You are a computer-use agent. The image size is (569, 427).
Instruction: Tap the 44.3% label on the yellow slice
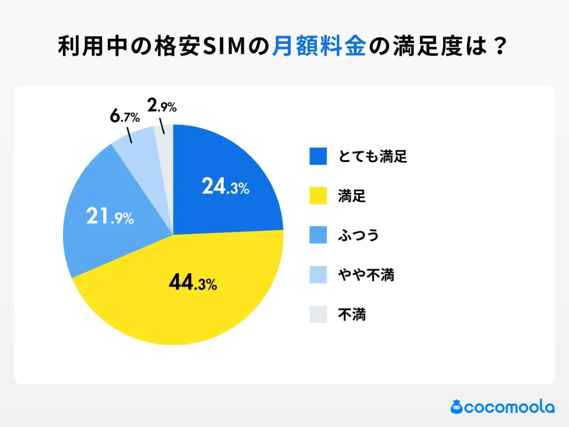(192, 283)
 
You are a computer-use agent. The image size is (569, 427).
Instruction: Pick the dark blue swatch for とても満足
(318, 156)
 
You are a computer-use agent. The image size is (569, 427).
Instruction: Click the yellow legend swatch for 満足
(318, 196)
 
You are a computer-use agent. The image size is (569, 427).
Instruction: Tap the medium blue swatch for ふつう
(318, 235)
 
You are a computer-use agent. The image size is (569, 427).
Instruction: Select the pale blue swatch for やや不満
(318, 275)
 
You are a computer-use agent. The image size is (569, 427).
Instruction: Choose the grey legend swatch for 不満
(318, 314)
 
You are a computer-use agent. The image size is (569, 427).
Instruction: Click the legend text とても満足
(372, 156)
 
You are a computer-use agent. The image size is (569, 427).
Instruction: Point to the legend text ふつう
(358, 235)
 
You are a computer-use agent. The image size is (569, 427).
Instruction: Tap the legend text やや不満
(366, 275)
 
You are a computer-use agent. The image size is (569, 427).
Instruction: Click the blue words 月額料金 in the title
(319, 47)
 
